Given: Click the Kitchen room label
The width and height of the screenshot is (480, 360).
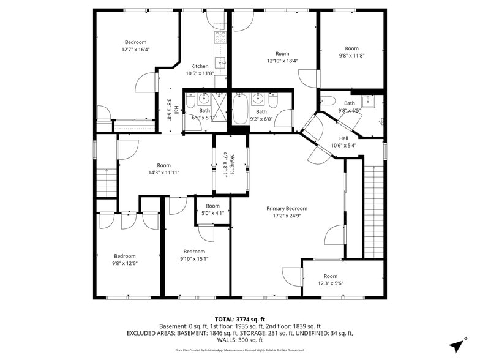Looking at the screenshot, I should click(200, 66).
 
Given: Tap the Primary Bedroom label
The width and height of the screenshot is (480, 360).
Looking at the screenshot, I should click(287, 208).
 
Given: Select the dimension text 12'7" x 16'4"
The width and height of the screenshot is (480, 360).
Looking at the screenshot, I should click(136, 50).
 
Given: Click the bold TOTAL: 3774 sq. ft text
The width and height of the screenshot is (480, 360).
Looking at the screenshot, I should click(239, 319).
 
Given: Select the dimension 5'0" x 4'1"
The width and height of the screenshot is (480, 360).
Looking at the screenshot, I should click(212, 213).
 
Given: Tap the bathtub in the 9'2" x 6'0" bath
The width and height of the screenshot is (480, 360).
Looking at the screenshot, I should click(241, 108).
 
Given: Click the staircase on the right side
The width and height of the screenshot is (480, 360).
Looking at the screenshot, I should click(373, 211).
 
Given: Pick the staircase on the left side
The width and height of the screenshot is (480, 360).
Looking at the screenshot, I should click(106, 181).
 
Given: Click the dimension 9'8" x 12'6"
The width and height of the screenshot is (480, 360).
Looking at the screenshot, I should click(124, 263).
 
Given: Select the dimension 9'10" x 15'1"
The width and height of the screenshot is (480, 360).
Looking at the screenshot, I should click(194, 258).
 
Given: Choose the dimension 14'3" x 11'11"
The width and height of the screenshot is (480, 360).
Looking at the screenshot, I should click(163, 173).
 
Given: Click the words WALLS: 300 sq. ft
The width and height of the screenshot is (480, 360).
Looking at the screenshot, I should click(239, 340).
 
